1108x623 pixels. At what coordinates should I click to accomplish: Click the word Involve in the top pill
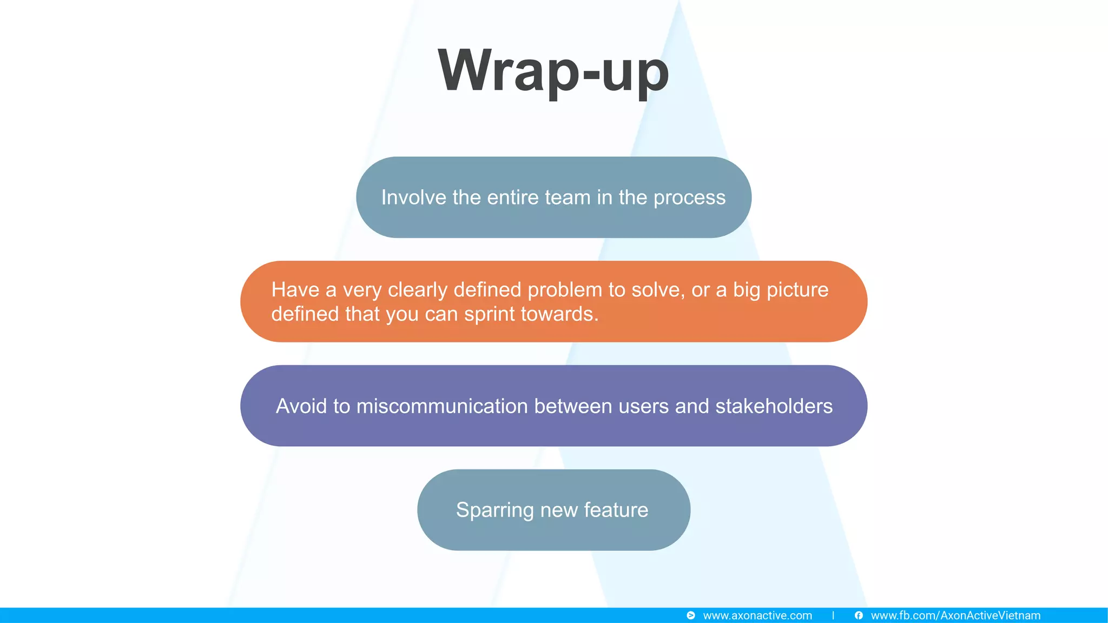(414, 197)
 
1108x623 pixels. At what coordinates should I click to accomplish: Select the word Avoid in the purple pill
(301, 406)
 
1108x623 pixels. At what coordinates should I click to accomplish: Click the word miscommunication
(442, 406)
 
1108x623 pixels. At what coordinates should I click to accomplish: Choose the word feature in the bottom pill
(616, 510)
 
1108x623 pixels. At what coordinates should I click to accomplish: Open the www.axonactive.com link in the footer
(757, 615)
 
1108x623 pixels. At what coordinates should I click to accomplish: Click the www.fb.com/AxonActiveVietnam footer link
(955, 615)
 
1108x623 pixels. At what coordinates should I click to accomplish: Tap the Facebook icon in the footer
(859, 615)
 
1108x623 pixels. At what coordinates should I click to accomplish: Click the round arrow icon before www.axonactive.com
(691, 615)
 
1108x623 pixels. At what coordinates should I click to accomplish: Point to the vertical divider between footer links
(833, 615)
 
